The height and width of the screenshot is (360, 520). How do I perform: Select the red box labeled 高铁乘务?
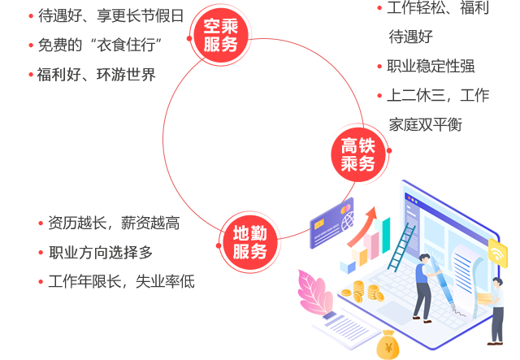pyautogui.click(x=357, y=154)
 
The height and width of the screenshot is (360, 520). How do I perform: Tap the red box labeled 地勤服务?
pyautogui.click(x=249, y=241)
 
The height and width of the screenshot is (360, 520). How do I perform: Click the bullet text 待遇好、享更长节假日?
pyautogui.click(x=110, y=15)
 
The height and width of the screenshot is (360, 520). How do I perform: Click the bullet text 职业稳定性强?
pyautogui.click(x=431, y=67)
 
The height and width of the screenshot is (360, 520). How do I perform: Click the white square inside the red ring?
pyautogui.click(x=266, y=137)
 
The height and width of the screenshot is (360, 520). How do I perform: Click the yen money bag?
pyautogui.click(x=388, y=346)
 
